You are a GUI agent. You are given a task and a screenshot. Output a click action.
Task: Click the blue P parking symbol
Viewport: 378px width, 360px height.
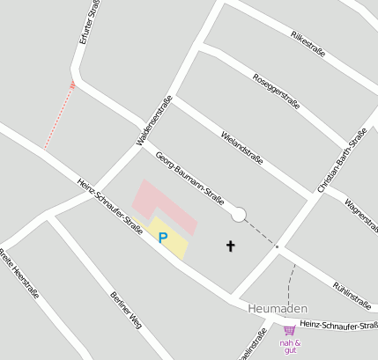pos(163,238)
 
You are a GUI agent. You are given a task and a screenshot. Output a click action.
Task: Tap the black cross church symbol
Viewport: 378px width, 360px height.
pos(232,246)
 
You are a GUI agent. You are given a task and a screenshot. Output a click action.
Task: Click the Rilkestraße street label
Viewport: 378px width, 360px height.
pos(308,43)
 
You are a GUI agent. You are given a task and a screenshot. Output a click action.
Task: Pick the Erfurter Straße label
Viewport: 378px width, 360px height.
pos(90,22)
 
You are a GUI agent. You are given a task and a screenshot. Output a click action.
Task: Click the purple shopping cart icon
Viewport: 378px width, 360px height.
pos(288,332)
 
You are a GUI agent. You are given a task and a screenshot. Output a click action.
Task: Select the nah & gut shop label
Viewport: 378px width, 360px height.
pos(290,346)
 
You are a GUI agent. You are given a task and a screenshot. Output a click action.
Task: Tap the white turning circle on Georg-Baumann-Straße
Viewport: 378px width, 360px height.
pos(238,214)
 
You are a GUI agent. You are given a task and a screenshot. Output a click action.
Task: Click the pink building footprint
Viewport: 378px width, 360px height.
pos(166,204)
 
